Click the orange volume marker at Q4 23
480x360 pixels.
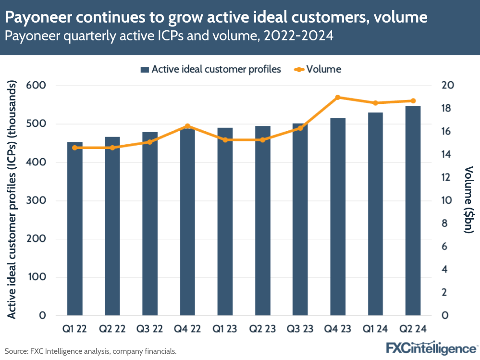coord(338,97)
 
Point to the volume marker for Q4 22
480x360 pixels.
coord(187,126)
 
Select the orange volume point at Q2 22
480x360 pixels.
coord(112,148)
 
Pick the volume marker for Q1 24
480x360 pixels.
coord(375,103)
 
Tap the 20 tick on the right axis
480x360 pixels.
coord(448,86)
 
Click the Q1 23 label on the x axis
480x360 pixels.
coord(225,329)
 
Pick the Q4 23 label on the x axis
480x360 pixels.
coord(338,329)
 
